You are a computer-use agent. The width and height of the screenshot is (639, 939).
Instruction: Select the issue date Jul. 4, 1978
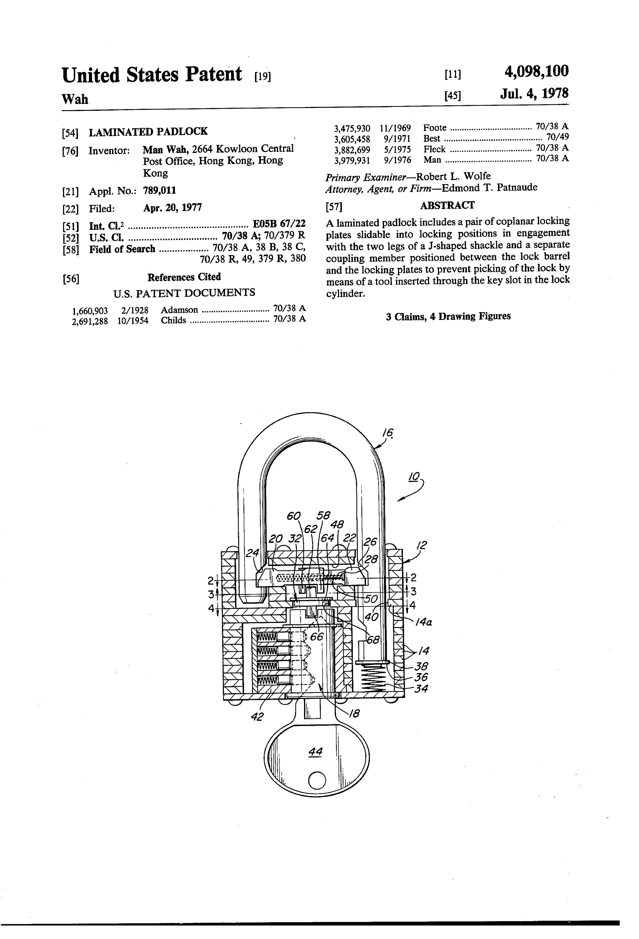click(x=534, y=94)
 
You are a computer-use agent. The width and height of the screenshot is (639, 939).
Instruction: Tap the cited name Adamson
click(x=179, y=310)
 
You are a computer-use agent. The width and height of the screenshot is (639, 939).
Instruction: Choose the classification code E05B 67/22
click(x=279, y=223)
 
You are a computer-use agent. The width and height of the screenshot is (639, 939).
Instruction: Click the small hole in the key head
click(x=317, y=780)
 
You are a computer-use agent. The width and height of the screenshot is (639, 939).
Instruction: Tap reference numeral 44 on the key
click(x=315, y=751)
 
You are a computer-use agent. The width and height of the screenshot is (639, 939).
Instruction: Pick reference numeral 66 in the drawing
click(x=317, y=637)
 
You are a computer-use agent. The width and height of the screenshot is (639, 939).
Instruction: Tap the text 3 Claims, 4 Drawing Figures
click(x=448, y=316)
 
